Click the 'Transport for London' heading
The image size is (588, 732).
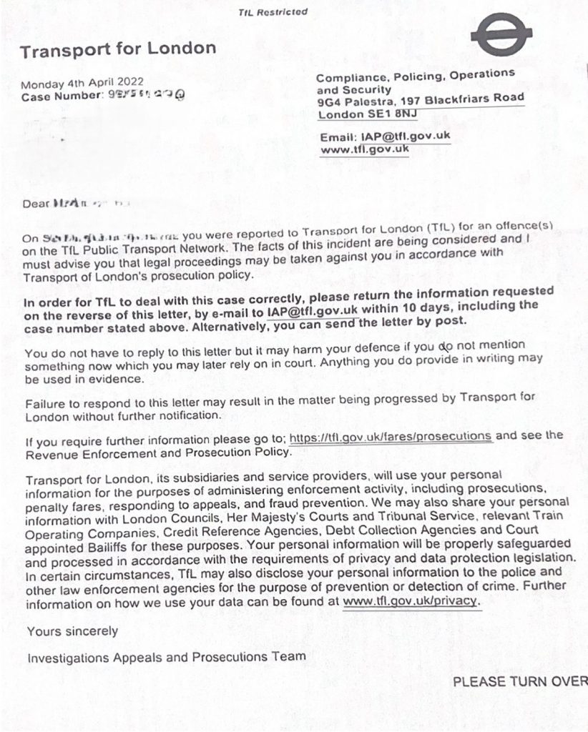[x=117, y=50]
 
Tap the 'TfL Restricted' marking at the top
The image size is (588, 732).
[x=273, y=12]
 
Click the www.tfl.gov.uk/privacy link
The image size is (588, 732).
[x=409, y=601]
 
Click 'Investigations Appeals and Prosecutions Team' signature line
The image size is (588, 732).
[x=166, y=656]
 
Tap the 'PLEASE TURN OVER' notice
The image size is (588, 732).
[x=519, y=681]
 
